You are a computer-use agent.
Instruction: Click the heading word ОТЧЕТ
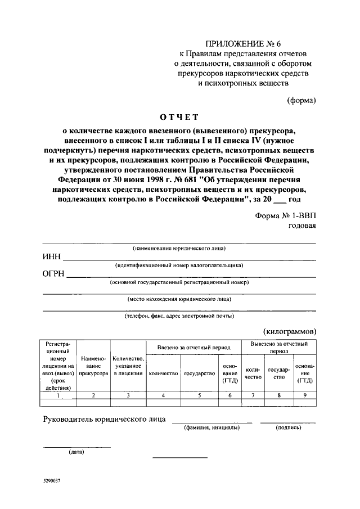(x=179, y=117)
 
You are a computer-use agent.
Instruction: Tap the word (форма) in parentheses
(x=302, y=101)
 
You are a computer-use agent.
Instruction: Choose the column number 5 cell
(x=199, y=395)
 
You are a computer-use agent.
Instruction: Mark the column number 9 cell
(x=305, y=395)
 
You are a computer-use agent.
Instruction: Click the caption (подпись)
(x=288, y=428)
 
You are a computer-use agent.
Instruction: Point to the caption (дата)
(x=77, y=452)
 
